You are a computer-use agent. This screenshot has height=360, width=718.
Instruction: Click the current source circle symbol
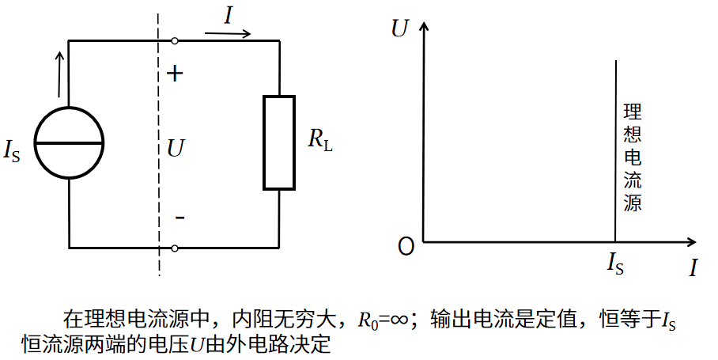point(69,143)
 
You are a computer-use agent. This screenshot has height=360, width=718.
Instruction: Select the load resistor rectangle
point(279,143)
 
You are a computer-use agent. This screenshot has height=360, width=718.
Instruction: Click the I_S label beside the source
point(13,150)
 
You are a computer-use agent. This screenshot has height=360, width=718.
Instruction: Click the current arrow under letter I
point(229,34)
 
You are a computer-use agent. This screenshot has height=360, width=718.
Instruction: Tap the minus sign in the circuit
point(179,217)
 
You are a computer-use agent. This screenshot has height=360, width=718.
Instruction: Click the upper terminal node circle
point(174,40)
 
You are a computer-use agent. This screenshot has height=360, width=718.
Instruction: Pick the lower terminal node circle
point(174,248)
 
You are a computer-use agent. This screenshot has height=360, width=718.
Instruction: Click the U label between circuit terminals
point(176,146)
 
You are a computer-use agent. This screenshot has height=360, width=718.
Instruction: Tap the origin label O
point(406,247)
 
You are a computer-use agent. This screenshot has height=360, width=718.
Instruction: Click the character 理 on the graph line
point(632,111)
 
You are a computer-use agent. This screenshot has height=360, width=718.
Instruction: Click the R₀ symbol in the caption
point(368,320)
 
